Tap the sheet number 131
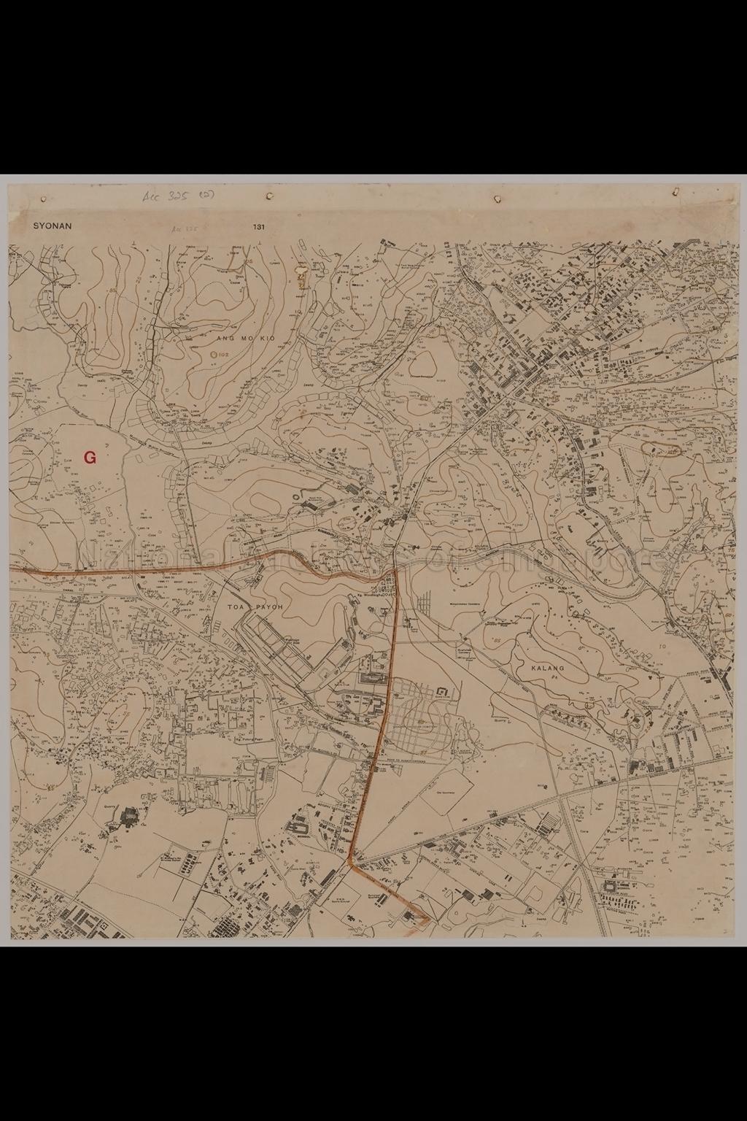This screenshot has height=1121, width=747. (259, 227)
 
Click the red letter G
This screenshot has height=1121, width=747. (90, 458)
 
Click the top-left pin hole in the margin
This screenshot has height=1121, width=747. (44, 198)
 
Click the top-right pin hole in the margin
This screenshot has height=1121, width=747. (676, 192)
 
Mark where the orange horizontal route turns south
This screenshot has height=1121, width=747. (395, 568)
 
